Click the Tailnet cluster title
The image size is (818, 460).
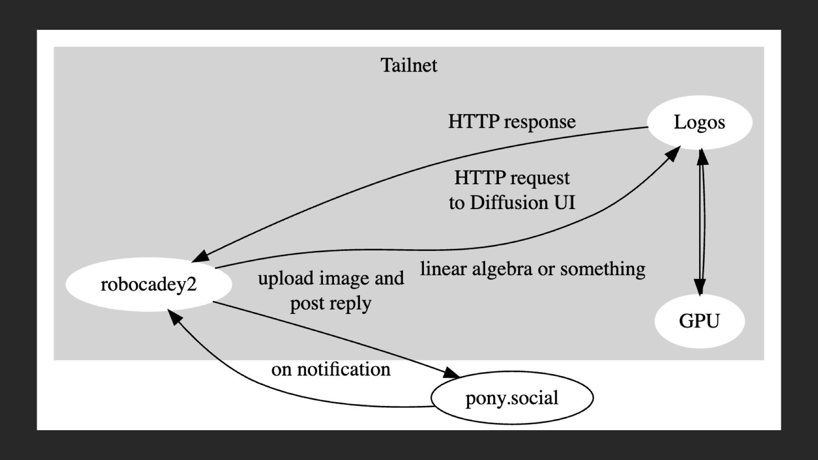pos(409,65)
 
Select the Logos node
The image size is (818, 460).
pos(700,122)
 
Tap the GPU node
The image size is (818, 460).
pos(699,321)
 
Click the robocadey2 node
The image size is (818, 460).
pos(149,284)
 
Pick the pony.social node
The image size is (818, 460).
pos(512,398)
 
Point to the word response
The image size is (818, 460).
pos(539,122)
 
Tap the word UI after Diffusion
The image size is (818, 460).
pos(565,203)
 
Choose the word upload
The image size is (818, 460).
pos(285,279)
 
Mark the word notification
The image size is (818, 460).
pos(343,369)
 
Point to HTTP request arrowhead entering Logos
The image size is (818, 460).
pos(672,153)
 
